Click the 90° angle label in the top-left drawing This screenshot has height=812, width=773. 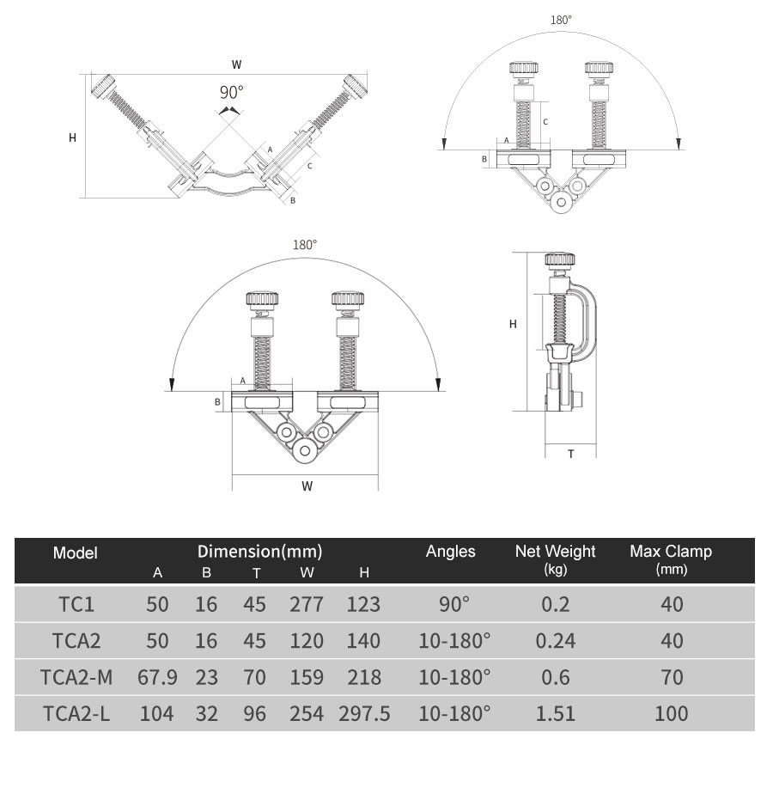pos(231,92)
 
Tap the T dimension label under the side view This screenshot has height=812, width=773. pos(570,455)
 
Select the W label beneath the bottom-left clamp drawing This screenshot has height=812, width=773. pos(307,486)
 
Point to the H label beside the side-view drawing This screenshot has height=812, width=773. pos(513,324)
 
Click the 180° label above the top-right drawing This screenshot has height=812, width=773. pos(561,21)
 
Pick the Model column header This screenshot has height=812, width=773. pos(75,553)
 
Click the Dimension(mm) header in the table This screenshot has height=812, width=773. pos(260,552)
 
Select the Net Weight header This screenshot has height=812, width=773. pos(555,551)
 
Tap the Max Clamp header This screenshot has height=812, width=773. pos(671,551)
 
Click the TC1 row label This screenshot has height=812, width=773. pos(76,604)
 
